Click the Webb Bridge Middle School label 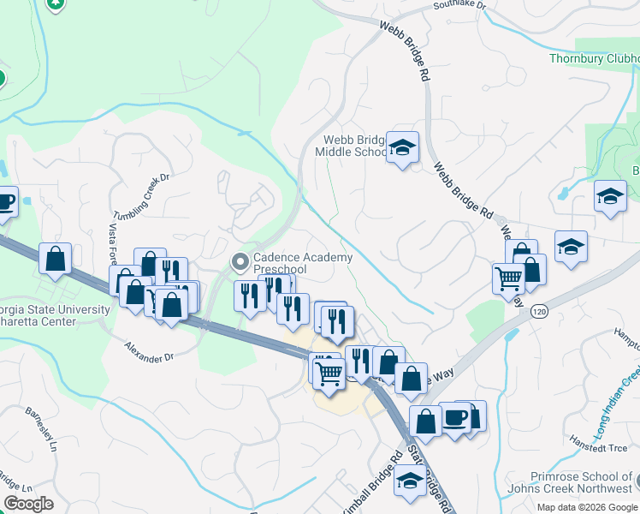[352, 146]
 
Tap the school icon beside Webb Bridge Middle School [401, 149]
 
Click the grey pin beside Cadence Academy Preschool [240, 260]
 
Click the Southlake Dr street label [458, 5]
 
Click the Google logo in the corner [29, 503]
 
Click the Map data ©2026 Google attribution [588, 507]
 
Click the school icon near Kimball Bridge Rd [410, 482]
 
